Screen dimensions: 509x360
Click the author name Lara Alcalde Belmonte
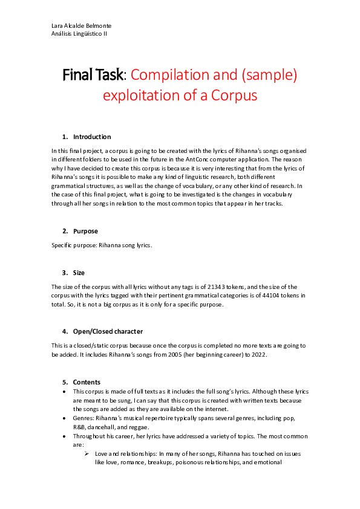81,25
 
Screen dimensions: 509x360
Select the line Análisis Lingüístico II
79,33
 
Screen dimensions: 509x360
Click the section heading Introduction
92,137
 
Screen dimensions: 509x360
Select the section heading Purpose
85,231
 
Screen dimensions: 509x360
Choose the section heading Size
79,273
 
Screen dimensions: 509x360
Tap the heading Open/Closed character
108,331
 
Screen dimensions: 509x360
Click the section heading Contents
86,382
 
